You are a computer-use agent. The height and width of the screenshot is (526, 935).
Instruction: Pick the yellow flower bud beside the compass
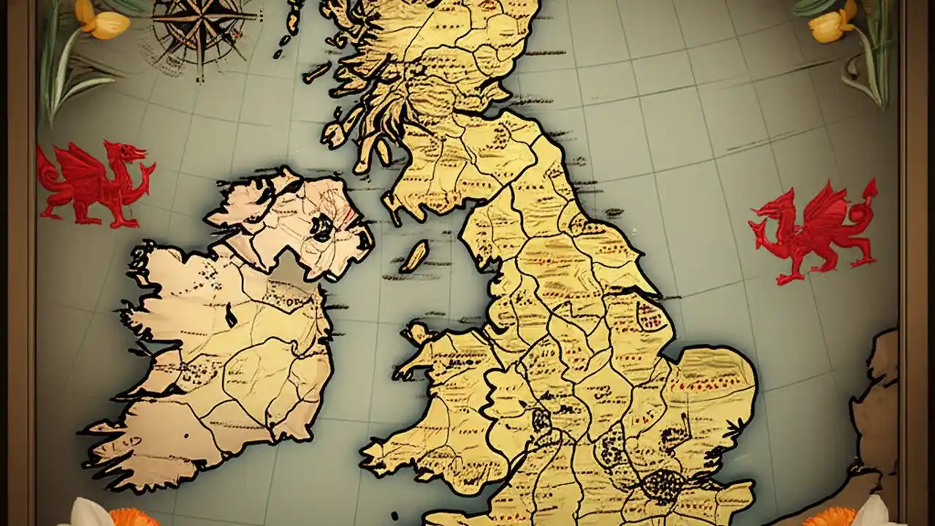click(x=106, y=23)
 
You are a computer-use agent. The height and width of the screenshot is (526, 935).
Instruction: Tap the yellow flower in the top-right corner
click(x=828, y=28)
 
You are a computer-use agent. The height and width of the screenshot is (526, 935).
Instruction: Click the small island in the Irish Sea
click(x=414, y=256)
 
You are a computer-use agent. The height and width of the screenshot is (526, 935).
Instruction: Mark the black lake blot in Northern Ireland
click(x=321, y=227)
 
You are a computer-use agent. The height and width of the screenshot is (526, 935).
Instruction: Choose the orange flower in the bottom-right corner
click(x=828, y=517)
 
